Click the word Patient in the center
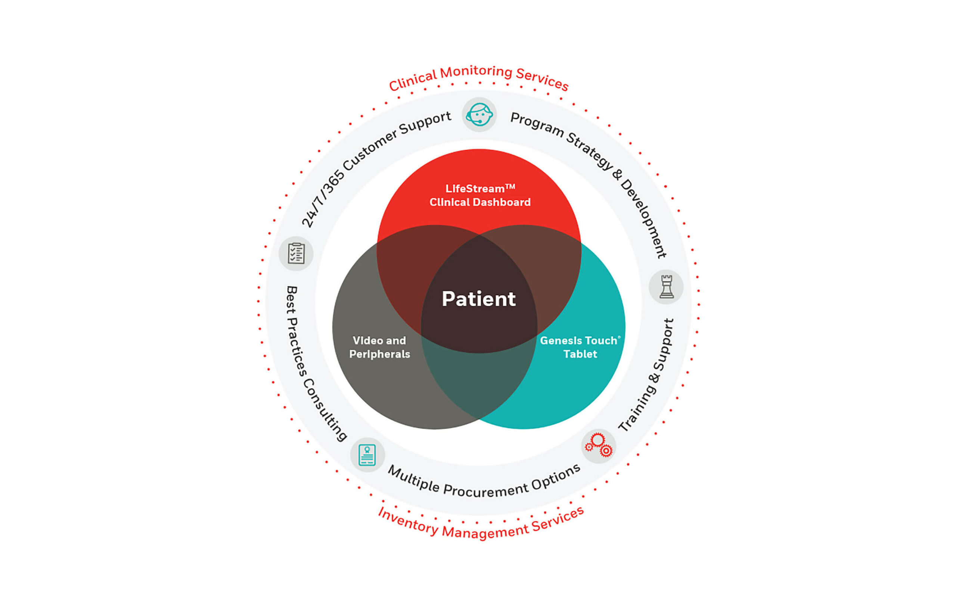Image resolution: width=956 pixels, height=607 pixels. (x=478, y=299)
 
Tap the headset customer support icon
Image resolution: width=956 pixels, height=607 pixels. (x=479, y=115)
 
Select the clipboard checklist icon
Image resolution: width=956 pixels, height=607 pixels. (x=296, y=253)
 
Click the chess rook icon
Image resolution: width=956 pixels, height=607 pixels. (x=666, y=287)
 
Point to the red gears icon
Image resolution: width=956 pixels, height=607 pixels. (x=599, y=445)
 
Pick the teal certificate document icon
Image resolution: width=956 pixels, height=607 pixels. (x=367, y=455)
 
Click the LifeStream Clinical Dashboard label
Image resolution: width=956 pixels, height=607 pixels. (x=480, y=195)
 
